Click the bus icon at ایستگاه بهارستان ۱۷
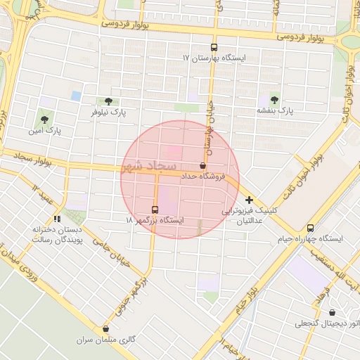point(214,47)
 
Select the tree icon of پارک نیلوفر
point(108,102)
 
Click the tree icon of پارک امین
point(46,120)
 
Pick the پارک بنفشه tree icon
point(274,100)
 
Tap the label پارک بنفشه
point(274,111)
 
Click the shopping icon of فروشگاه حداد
point(202,166)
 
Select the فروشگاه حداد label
point(202,176)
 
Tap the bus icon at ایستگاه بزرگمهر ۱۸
point(155,210)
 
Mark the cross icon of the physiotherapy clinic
point(249,200)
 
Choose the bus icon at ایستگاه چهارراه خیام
point(310,228)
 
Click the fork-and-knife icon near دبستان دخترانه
point(56,219)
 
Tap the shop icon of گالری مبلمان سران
point(106,329)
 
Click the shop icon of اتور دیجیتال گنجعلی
point(332,313)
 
